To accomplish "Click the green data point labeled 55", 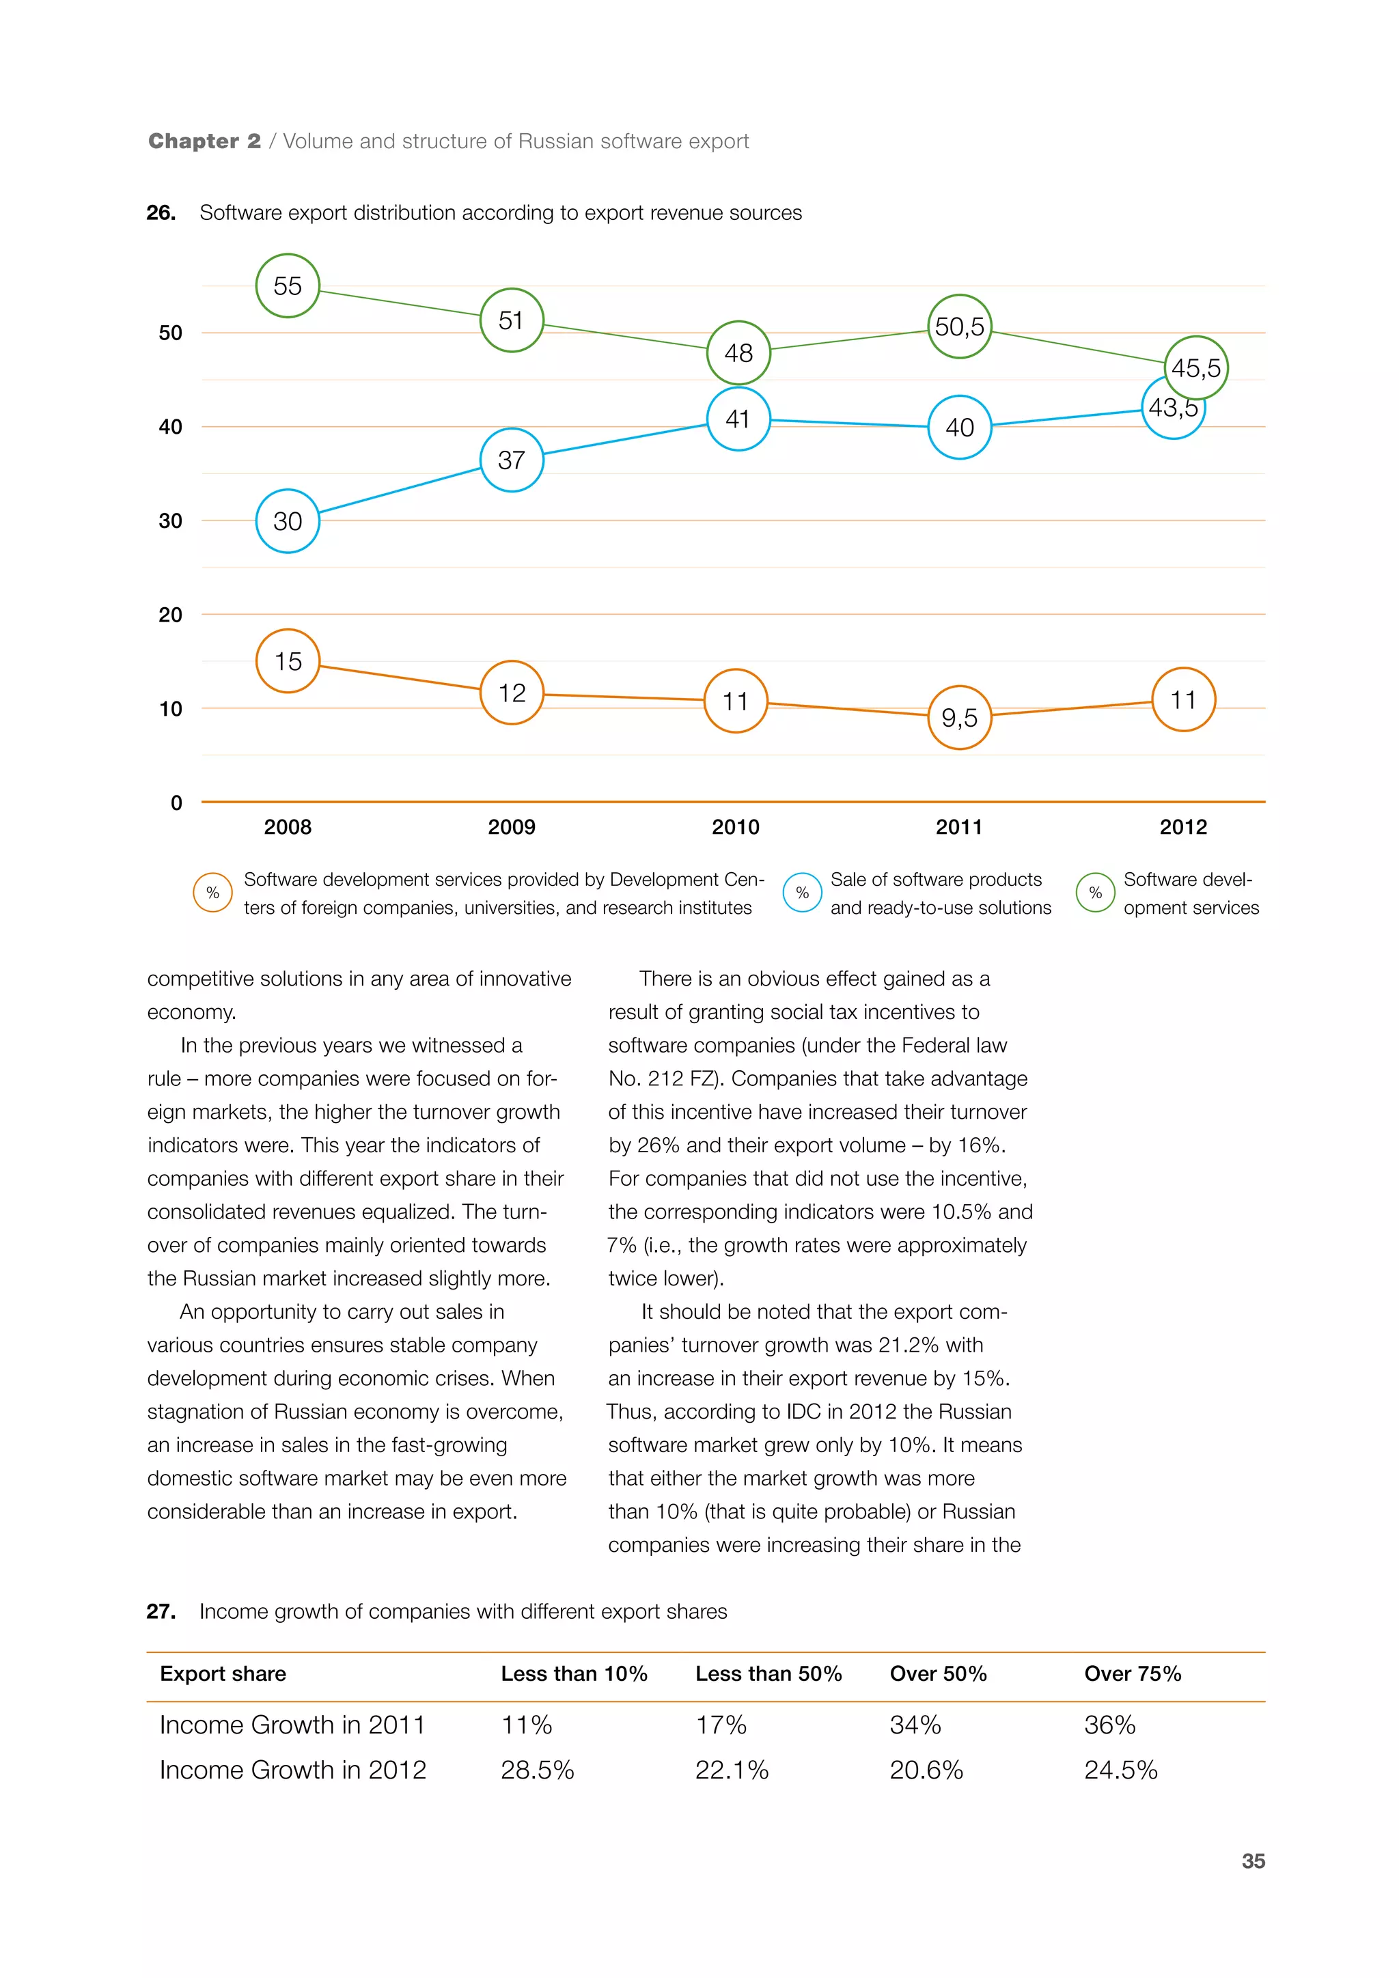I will [x=288, y=286].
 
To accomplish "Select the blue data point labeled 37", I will [x=512, y=460].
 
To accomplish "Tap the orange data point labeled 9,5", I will [x=960, y=718].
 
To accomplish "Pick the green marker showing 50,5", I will [x=960, y=326].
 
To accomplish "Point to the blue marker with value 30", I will [x=288, y=521].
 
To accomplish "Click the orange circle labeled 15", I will [x=288, y=660].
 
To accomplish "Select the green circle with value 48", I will [x=738, y=352].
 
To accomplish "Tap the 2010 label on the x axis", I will [x=736, y=827].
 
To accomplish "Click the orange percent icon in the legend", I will [x=212, y=893].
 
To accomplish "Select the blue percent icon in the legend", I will [x=802, y=893].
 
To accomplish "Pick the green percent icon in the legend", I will [x=1095, y=893].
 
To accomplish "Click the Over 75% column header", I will [x=1132, y=1674].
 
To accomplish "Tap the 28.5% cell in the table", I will [x=538, y=1770].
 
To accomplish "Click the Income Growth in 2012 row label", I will [x=293, y=1770].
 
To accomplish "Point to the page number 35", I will [x=1253, y=1861].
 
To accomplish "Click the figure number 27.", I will [x=161, y=1612].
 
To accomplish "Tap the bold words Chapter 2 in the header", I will [x=204, y=141].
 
